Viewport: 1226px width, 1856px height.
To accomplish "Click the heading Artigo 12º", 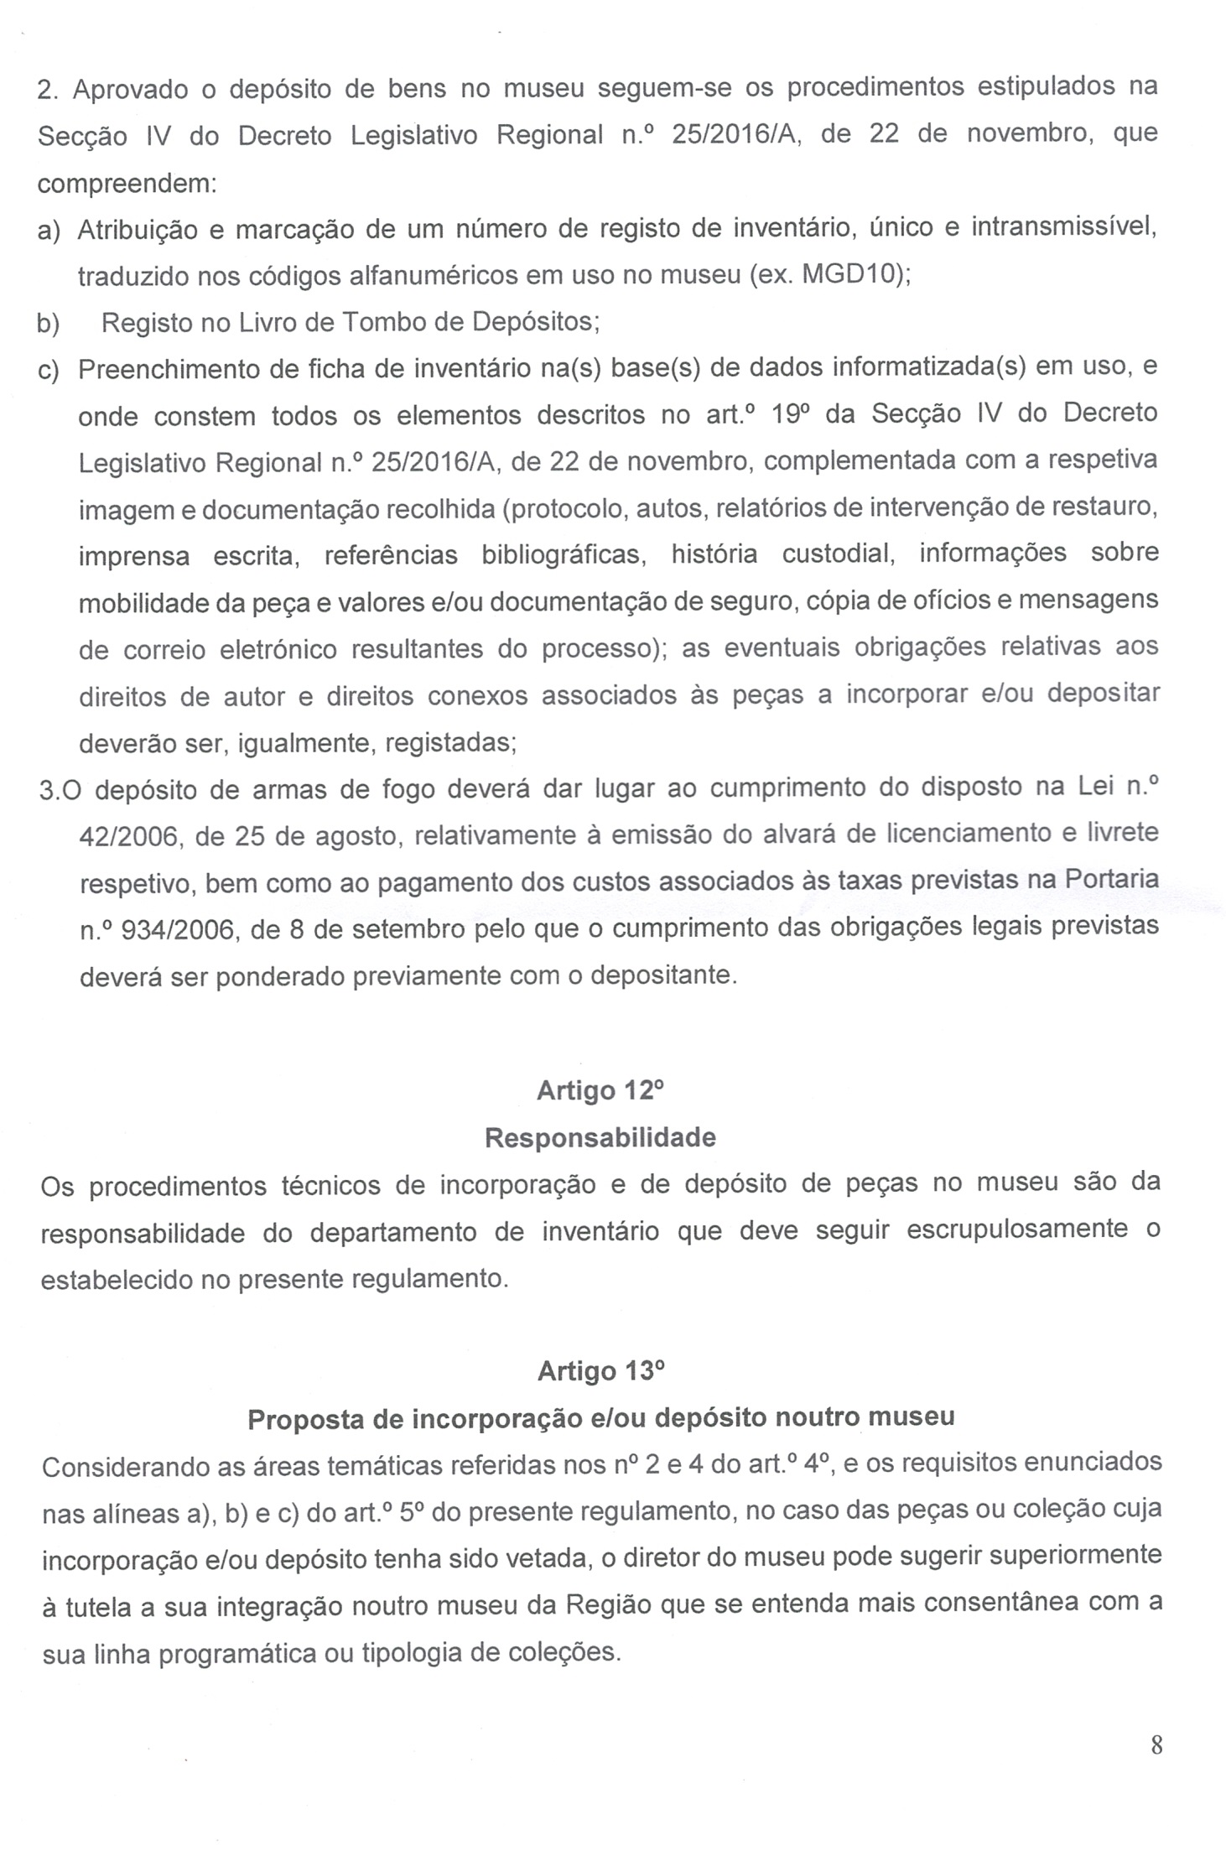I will pyautogui.click(x=600, y=1090).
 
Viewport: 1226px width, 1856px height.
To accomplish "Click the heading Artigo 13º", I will pyautogui.click(x=600, y=1370).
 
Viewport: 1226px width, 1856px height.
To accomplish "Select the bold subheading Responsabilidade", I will pyautogui.click(x=600, y=1137).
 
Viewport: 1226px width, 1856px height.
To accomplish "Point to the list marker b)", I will pyautogui.click(x=49, y=323).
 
